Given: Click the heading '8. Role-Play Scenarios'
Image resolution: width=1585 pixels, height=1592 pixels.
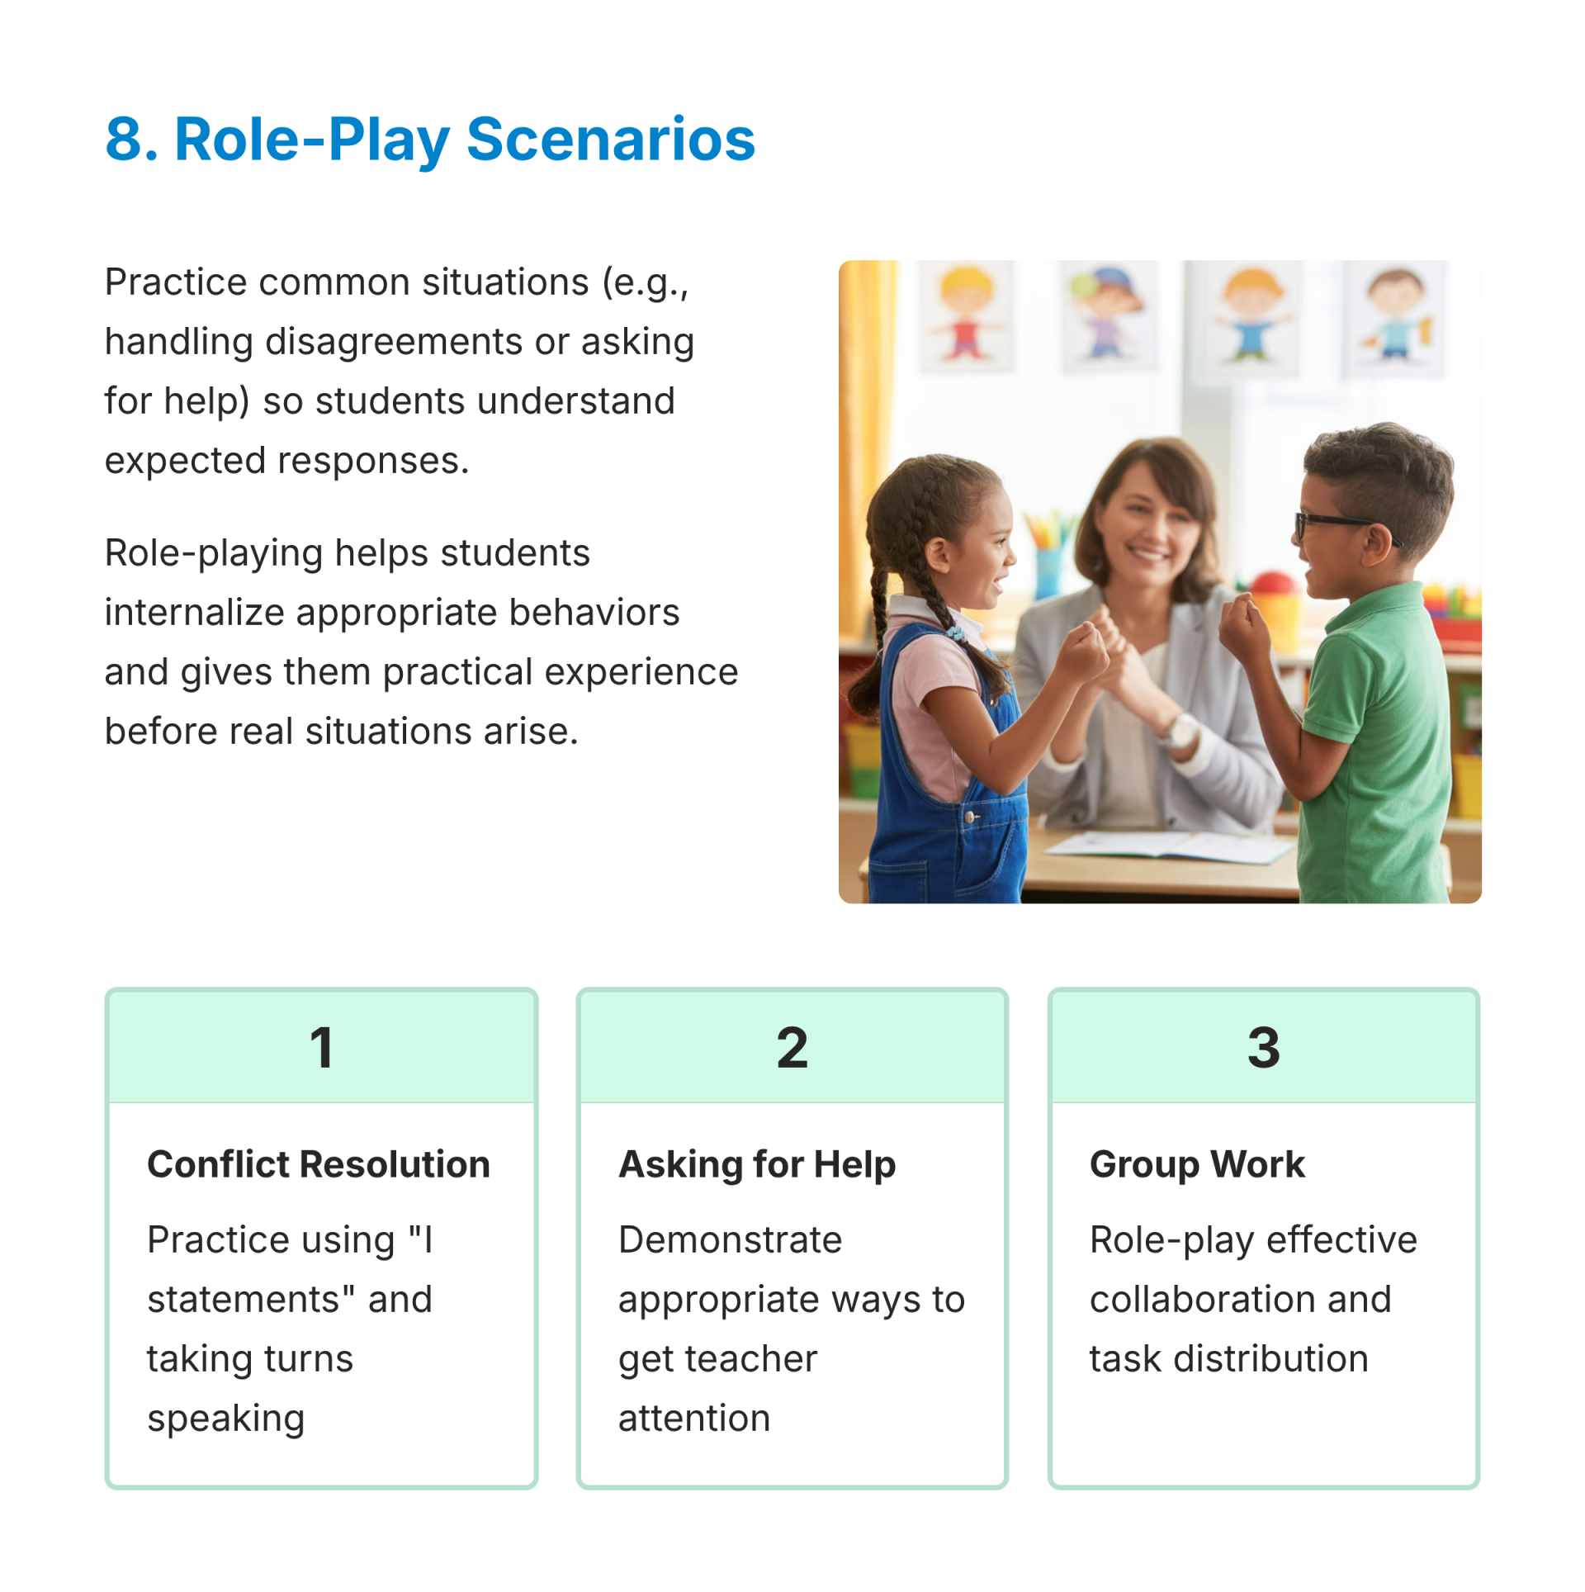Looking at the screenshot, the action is [x=429, y=140].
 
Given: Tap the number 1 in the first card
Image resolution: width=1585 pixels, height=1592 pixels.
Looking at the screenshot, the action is [x=321, y=1047].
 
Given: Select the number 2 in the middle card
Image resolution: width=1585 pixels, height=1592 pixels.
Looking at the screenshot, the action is [x=792, y=1047].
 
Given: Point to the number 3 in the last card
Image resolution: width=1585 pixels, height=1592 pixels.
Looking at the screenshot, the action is [x=1263, y=1047].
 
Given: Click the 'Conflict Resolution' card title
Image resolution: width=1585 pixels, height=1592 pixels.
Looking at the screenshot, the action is [x=319, y=1164].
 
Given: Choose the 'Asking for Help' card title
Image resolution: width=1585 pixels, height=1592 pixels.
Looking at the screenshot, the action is [x=757, y=1165].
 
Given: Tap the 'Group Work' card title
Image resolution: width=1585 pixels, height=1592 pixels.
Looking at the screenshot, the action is [x=1197, y=1165].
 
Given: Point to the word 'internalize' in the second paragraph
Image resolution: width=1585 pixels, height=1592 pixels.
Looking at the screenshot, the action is [x=194, y=613].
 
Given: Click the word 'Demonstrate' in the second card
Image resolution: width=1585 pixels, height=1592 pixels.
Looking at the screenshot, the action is [x=731, y=1240].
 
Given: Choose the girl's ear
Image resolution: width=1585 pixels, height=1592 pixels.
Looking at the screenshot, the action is [x=938, y=555].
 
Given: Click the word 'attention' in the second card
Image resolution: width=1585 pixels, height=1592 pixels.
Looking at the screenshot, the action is [x=694, y=1419].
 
